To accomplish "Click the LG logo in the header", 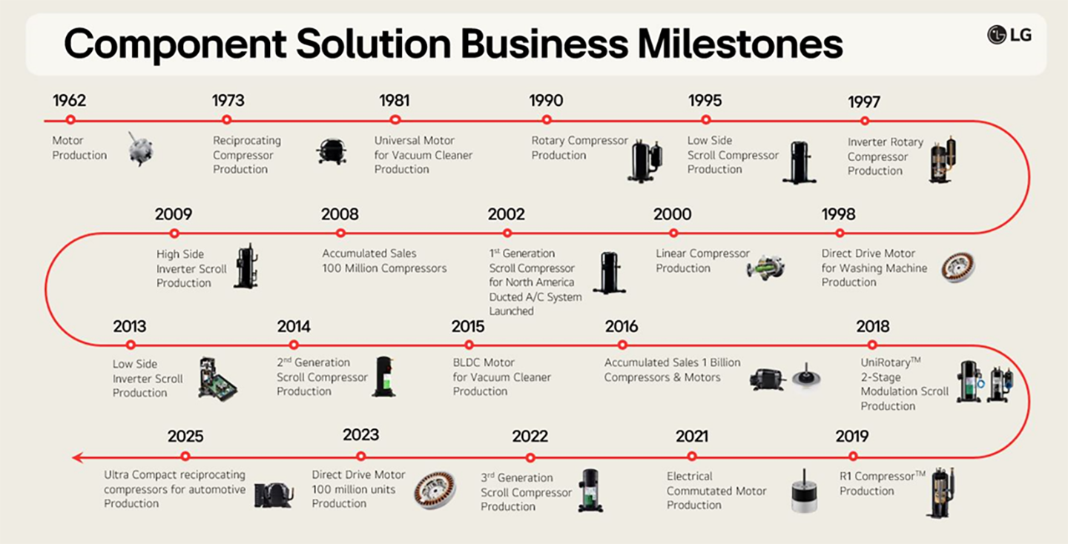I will (x=1009, y=34).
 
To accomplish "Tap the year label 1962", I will (x=69, y=100).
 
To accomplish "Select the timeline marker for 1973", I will (x=227, y=119).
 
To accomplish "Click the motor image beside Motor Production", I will (x=139, y=149).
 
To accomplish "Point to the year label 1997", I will (x=864, y=102).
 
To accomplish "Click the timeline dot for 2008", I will (x=340, y=233).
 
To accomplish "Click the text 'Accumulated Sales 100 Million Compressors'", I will (x=384, y=261).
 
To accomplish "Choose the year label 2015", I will (x=468, y=326).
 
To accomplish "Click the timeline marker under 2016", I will (x=622, y=345).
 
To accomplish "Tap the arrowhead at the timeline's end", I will (x=77, y=457).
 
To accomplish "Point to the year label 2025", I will (x=185, y=436).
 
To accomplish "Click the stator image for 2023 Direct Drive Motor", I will (x=435, y=490).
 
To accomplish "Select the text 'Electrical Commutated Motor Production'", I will (x=716, y=491).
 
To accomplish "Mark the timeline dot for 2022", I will (x=530, y=457).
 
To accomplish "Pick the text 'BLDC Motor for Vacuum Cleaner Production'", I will (x=502, y=377).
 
